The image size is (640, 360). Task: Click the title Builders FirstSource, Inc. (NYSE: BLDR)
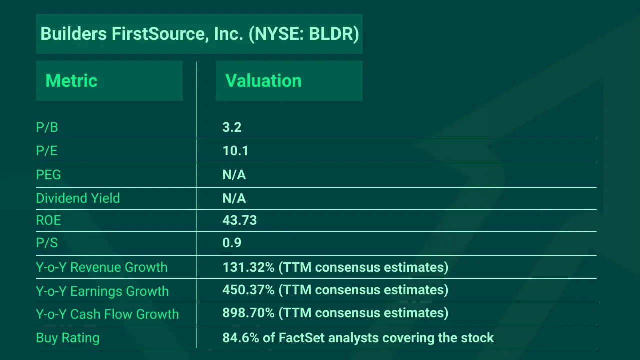click(199, 34)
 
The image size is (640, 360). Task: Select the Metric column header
click(71, 81)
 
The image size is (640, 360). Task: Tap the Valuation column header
click(263, 81)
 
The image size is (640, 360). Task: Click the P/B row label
click(47, 128)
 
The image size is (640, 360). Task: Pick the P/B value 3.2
click(232, 128)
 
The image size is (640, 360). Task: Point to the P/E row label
click(47, 151)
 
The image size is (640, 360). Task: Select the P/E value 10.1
click(235, 151)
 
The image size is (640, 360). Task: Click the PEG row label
click(48, 175)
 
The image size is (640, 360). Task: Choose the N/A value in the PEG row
click(234, 175)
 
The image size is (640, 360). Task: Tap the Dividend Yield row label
click(78, 198)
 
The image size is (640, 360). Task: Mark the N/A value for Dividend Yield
click(234, 198)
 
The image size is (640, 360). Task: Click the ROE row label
click(48, 221)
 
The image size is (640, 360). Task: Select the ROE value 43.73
click(239, 221)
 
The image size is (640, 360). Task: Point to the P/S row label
click(47, 243)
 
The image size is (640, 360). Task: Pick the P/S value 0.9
click(232, 243)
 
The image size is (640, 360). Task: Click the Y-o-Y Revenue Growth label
click(101, 267)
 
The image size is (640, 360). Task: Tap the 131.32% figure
click(248, 267)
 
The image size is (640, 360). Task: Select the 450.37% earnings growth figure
click(248, 290)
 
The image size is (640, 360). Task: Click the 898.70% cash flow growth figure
click(248, 313)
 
